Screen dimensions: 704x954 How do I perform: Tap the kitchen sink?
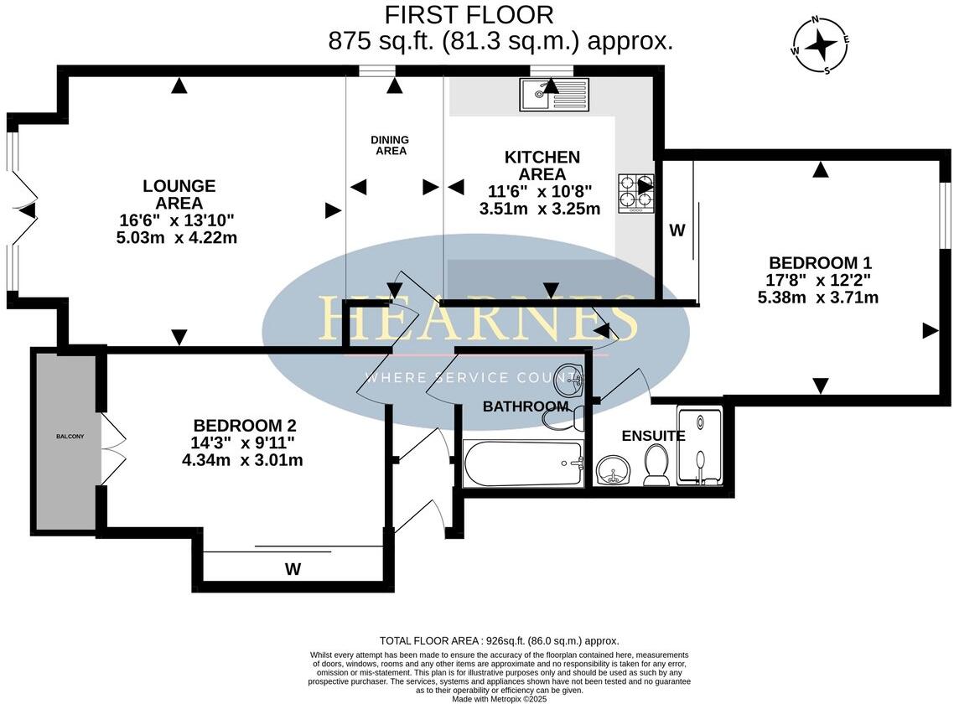(554, 94)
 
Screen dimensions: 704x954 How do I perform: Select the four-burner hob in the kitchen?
(636, 193)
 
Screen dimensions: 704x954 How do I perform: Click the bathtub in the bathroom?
(524, 464)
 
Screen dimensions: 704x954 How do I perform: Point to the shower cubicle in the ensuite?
(699, 448)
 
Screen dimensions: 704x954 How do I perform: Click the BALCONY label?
(70, 437)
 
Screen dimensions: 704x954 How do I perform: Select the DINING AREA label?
(391, 145)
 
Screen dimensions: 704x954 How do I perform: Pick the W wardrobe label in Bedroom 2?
(292, 570)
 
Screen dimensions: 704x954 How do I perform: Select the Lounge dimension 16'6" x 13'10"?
(178, 220)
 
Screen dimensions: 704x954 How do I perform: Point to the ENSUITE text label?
(653, 436)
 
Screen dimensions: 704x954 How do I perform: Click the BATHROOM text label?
(526, 406)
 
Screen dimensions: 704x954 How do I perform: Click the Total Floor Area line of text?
(499, 639)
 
